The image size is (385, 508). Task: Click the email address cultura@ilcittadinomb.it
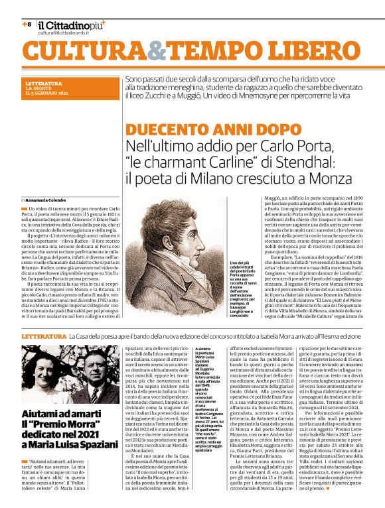[66, 32]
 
